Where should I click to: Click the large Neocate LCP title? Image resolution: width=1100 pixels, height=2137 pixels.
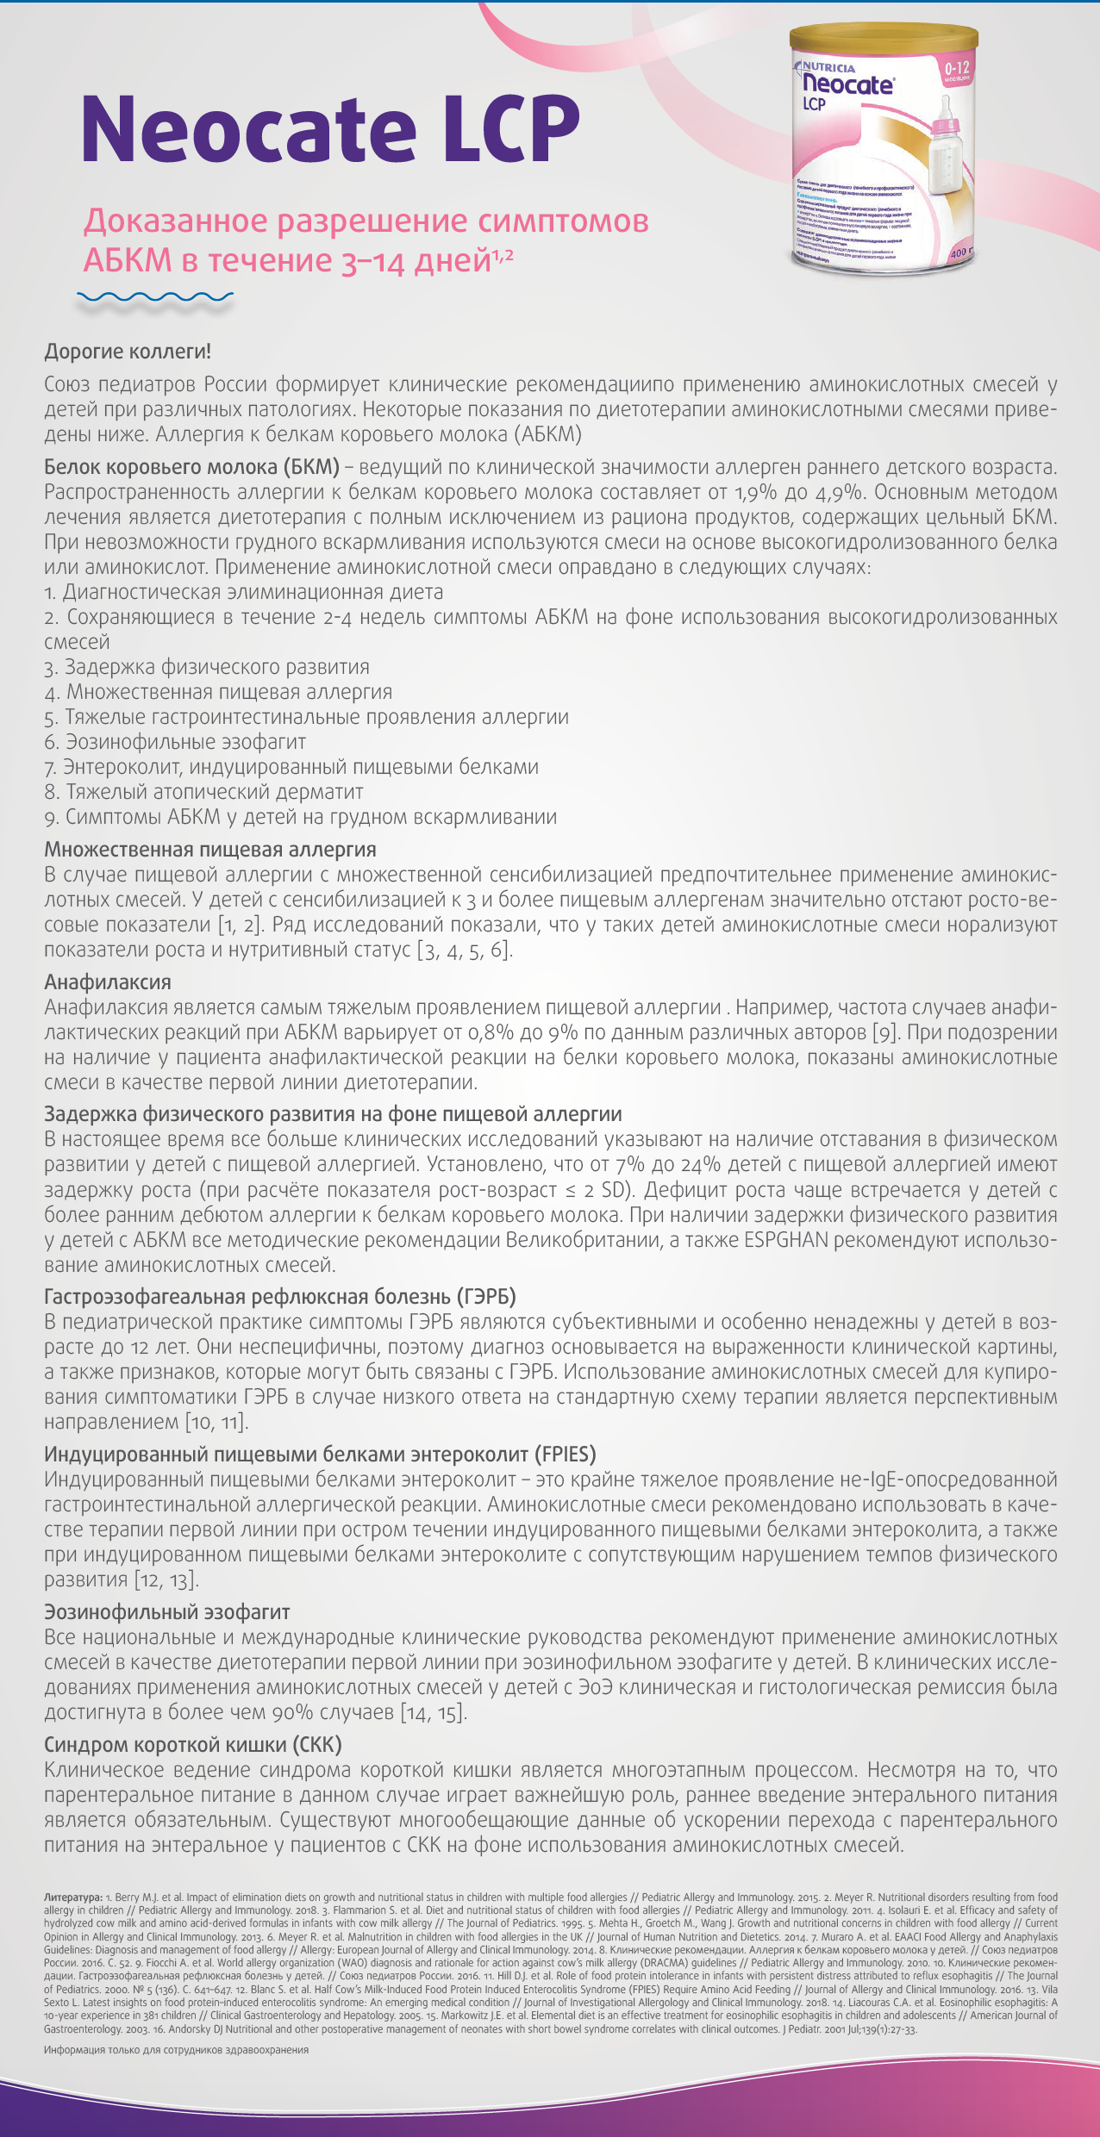tap(330, 128)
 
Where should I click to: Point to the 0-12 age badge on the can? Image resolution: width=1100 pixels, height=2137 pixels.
tap(956, 70)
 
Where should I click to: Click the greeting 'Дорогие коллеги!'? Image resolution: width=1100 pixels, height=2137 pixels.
tap(128, 352)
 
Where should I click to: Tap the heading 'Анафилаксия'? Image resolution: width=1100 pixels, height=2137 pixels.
tap(108, 982)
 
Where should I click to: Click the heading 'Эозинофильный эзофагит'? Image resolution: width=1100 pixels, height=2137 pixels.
tap(166, 1612)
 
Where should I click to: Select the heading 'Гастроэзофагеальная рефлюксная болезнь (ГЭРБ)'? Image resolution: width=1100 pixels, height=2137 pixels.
tap(280, 1297)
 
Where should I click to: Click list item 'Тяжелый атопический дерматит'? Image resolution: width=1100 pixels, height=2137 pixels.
tap(214, 792)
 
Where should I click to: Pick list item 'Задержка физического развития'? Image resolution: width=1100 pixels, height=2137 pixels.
tap(216, 668)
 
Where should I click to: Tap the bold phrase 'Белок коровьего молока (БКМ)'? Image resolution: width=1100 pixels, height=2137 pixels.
tap(191, 468)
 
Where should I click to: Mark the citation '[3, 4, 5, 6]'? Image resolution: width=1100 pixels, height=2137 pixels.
tap(465, 950)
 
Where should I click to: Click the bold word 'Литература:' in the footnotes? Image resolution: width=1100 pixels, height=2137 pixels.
tap(73, 1897)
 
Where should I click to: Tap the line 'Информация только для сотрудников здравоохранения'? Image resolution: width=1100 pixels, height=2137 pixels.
tap(176, 2050)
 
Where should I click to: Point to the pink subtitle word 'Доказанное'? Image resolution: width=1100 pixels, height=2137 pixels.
tap(175, 222)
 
